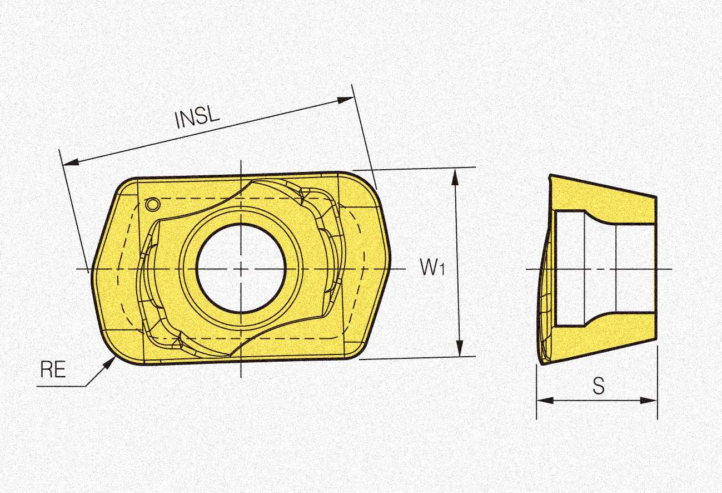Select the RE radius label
(53, 369)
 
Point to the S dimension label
(599, 386)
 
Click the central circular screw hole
(241, 268)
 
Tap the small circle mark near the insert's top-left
(152, 204)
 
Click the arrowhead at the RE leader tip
(109, 363)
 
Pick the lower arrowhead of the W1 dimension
(460, 348)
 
